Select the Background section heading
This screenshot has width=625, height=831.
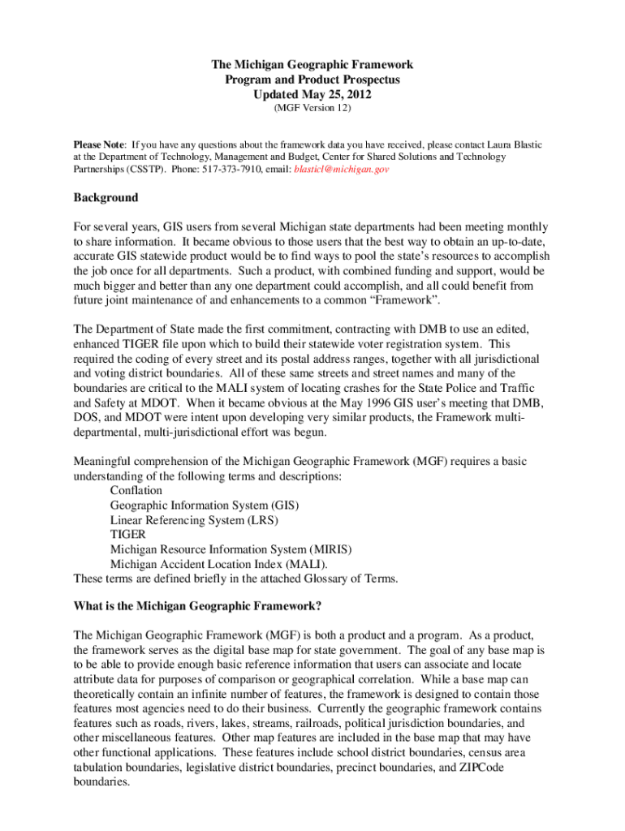(106, 197)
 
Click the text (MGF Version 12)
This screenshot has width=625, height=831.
(312, 107)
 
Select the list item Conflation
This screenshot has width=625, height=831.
(136, 490)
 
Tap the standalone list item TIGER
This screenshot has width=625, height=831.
(127, 534)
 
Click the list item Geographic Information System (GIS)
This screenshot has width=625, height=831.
(199, 505)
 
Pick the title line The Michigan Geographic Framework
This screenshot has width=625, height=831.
(312, 64)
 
